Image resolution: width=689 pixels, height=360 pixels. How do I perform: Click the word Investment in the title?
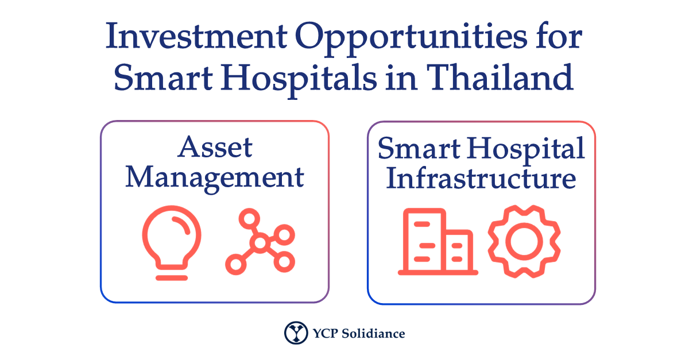[x=196, y=36]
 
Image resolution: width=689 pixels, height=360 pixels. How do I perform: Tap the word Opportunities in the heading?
[x=411, y=39]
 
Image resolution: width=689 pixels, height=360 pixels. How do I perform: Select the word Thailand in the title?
[x=500, y=77]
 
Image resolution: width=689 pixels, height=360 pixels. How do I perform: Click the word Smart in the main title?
[x=163, y=78]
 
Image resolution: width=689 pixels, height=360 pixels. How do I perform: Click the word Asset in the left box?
[x=215, y=147]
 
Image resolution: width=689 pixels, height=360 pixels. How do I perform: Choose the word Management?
[x=215, y=179]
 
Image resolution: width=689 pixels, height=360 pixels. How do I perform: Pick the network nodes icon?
[x=260, y=242]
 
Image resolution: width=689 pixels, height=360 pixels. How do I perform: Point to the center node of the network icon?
[x=260, y=243]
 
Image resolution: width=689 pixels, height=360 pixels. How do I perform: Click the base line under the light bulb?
[x=172, y=278]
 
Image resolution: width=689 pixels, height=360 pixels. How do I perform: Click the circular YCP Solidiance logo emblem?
[x=296, y=333]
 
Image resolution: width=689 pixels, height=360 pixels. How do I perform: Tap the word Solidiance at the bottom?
[x=373, y=334]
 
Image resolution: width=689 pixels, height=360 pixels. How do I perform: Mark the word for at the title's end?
[x=559, y=36]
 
